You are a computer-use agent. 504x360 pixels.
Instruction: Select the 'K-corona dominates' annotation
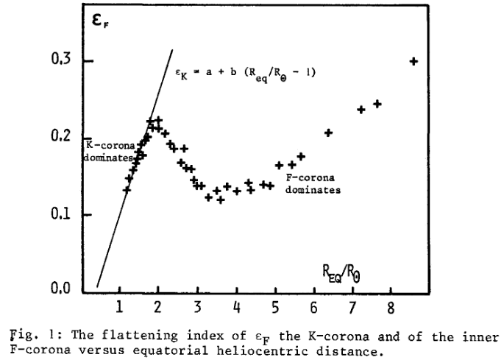tap(109, 151)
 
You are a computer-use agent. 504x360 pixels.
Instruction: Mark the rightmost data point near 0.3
tap(414, 61)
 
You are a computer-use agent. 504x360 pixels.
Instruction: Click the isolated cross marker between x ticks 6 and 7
tap(329, 133)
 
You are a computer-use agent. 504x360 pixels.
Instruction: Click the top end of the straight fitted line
tap(172, 50)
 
